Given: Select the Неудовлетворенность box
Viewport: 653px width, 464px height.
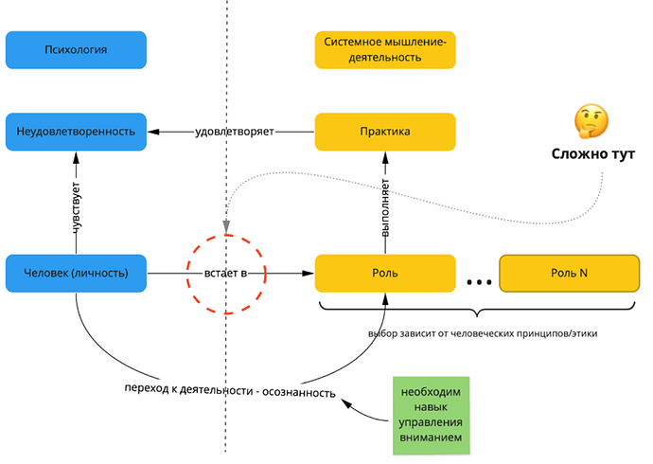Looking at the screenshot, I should point(76,131).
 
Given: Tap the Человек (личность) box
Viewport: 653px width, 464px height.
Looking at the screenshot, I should point(76,273).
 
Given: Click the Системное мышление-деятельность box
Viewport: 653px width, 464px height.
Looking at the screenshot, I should point(384,49).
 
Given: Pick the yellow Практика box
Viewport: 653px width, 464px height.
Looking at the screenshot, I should point(384,131).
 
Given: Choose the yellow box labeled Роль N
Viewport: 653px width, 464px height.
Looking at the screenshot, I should point(569,273).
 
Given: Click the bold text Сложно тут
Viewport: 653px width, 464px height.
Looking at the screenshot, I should point(593,153).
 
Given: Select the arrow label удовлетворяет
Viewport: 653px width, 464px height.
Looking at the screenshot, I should point(233,131).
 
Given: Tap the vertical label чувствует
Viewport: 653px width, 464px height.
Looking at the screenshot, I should point(76,202).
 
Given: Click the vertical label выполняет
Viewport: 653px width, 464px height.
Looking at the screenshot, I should point(386,202).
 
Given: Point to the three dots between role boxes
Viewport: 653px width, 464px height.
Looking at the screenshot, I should point(477,279).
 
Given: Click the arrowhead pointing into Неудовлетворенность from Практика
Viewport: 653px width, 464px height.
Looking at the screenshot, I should point(151,131).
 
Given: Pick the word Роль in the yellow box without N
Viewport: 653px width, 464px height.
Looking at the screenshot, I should point(384,273).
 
